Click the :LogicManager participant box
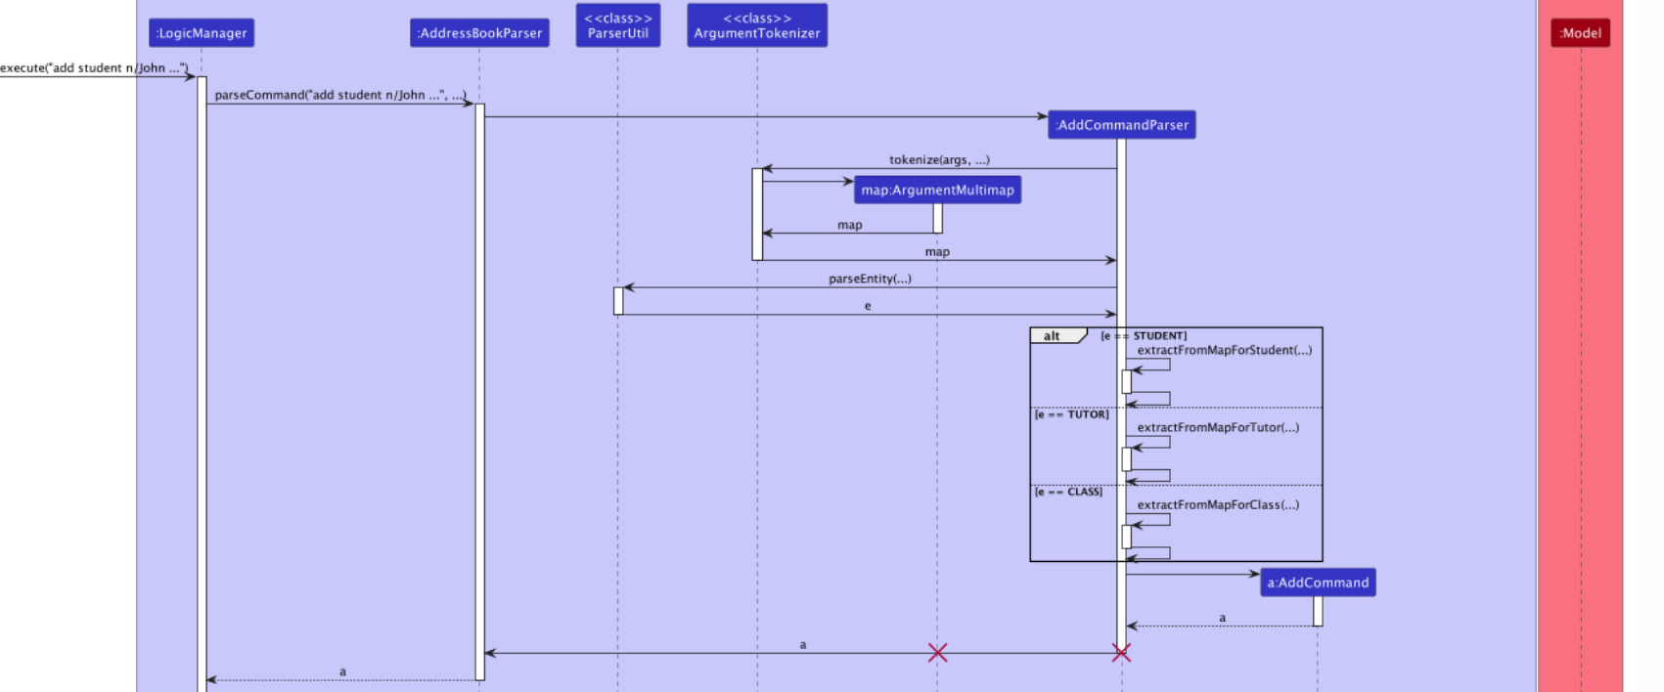tap(202, 33)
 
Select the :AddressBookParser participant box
tap(479, 33)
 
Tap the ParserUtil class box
tap(618, 25)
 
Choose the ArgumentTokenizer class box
tap(757, 25)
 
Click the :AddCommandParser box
tap(1121, 125)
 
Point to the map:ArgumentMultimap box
tap(937, 191)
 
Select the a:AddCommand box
tap(1318, 583)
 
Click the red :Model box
tap(1580, 33)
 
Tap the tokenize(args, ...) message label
tap(939, 159)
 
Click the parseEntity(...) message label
tap(870, 279)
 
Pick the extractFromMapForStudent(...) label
tap(1224, 350)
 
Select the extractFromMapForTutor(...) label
tap(1218, 427)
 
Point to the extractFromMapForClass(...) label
tap(1218, 504)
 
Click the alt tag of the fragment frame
tap(1053, 336)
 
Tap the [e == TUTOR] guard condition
tap(1072, 414)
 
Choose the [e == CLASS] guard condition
tap(1069, 492)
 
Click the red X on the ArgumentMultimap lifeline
tap(937, 653)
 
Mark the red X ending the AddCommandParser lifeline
tap(1121, 653)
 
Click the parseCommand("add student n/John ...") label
tap(339, 95)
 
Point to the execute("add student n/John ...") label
tap(94, 67)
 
